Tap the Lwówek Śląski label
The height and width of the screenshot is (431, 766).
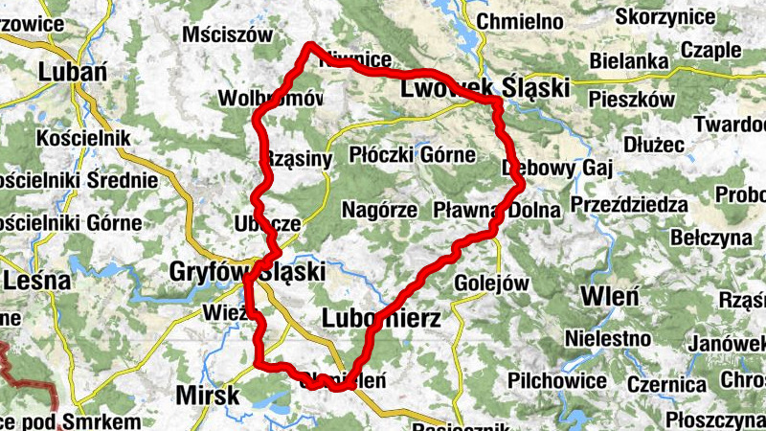pos(483,88)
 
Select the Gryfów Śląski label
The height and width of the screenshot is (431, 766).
pos(246,272)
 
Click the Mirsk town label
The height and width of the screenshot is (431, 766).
pos(208,394)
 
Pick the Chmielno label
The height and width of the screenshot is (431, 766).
pos(518,20)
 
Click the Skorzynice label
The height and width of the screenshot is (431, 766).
pos(663,16)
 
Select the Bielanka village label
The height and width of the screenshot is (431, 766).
pos(628,61)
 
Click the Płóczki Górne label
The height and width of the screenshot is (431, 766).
pos(413,153)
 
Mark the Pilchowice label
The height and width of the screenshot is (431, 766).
pos(558,381)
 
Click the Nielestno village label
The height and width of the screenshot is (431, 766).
pos(608,338)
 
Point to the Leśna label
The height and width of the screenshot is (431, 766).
pos(37,282)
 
